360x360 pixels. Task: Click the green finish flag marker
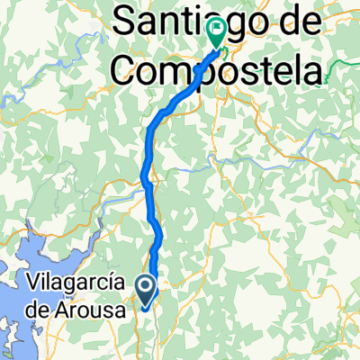[217, 32]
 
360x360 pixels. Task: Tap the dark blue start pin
[146, 287]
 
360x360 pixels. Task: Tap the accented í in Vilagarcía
[114, 282]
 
